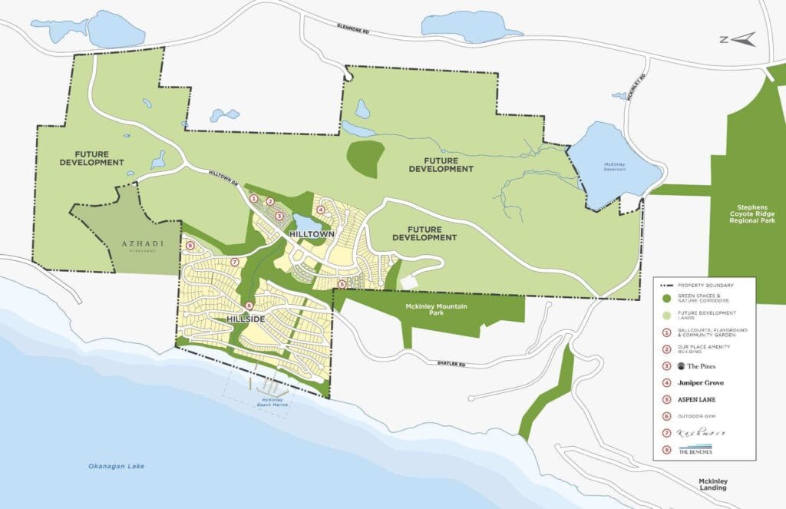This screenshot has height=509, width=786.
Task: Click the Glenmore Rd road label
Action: pyautogui.click(x=359, y=27)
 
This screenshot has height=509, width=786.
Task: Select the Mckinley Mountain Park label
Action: pyautogui.click(x=436, y=310)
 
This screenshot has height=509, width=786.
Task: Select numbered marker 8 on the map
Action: pyautogui.click(x=190, y=246)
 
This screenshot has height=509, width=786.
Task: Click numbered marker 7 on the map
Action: pyautogui.click(x=235, y=262)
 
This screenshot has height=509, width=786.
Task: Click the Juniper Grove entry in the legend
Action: pyautogui.click(x=702, y=382)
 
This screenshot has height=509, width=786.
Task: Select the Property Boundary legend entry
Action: pyautogui.click(x=702, y=285)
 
